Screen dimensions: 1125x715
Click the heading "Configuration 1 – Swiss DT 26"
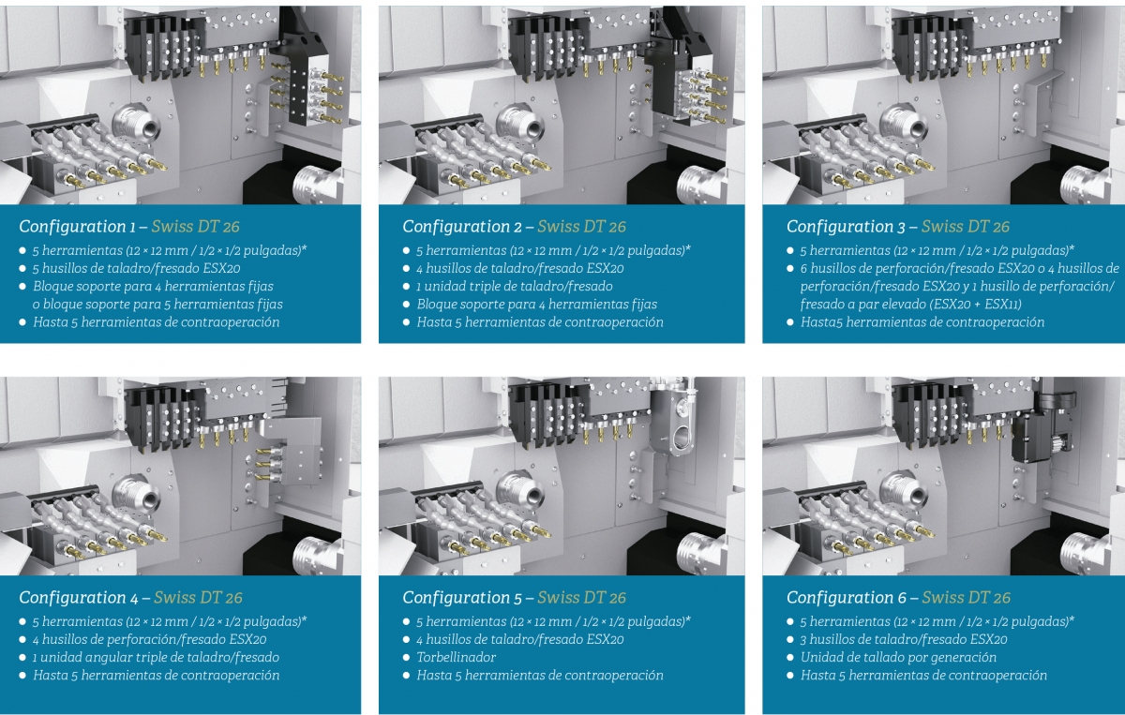[129, 227]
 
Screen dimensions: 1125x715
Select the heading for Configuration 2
[515, 227]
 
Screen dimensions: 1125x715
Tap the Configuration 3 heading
[898, 227]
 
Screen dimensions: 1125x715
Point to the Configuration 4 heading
[130, 598]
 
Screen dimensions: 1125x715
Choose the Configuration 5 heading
[515, 598]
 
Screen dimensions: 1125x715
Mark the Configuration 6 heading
[898, 598]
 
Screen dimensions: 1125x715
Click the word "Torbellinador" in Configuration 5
[456, 657]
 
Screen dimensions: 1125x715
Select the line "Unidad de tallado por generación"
[898, 657]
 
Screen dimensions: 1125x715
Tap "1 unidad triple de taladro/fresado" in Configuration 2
[515, 286]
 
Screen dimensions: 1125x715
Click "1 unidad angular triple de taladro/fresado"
[157, 657]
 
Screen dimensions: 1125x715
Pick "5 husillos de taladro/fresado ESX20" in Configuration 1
[137, 268]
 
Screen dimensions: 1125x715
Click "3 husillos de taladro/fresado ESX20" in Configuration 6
[904, 639]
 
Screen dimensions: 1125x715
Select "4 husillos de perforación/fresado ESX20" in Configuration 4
[150, 639]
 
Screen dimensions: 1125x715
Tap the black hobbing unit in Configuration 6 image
[1042, 426]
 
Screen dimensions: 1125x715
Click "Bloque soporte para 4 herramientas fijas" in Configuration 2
[537, 305]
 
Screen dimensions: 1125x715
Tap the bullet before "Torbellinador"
[406, 657]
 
